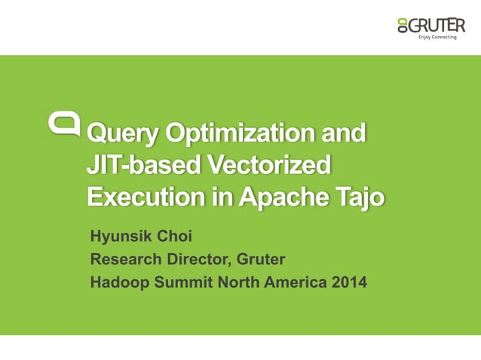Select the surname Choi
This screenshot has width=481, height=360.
pyautogui.click(x=174, y=236)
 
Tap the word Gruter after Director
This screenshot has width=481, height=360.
pyautogui.click(x=262, y=260)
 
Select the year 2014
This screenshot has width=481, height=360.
pyautogui.click(x=348, y=282)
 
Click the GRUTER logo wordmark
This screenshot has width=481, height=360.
pyautogui.click(x=437, y=25)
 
